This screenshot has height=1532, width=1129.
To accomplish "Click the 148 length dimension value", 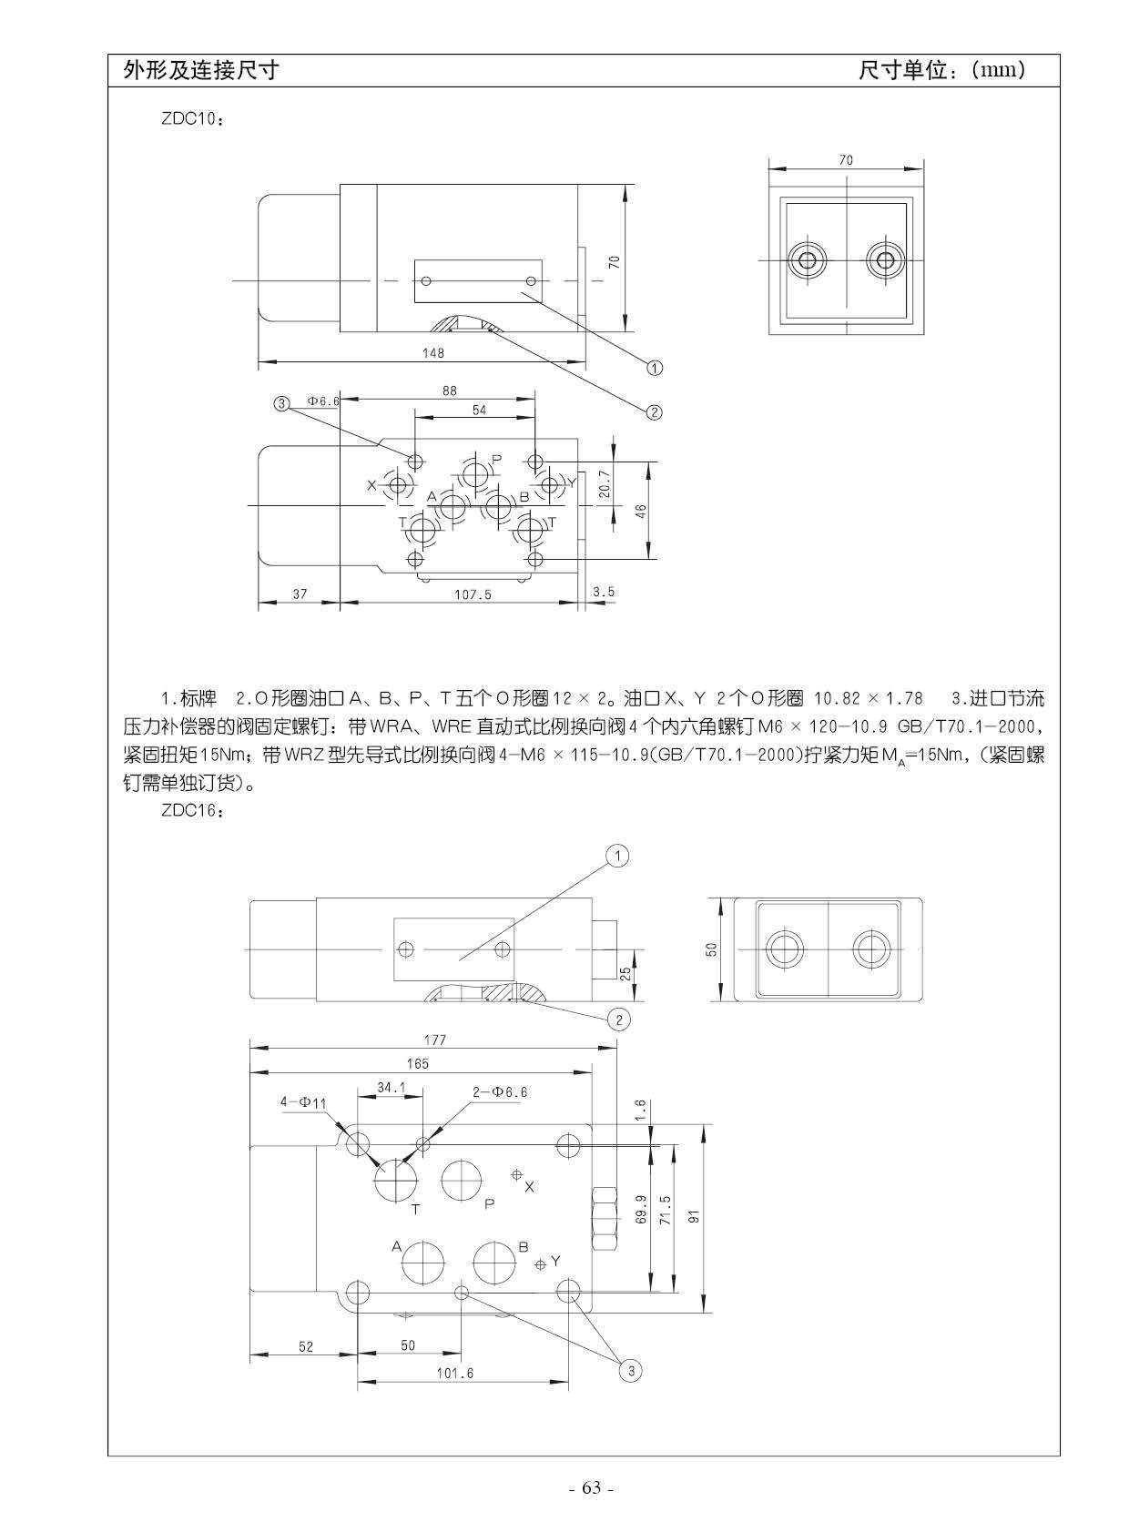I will (433, 352).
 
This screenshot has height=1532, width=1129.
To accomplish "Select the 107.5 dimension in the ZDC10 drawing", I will (473, 594).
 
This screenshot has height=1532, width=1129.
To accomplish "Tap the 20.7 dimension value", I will (605, 484).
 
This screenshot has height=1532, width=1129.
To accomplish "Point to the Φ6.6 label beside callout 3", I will (323, 401).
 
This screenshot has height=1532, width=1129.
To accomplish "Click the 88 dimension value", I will (449, 391).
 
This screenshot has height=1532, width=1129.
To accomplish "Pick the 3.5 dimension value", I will (603, 593).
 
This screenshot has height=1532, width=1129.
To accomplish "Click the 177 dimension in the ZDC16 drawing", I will (435, 1040).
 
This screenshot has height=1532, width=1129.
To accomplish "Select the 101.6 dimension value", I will (455, 1373).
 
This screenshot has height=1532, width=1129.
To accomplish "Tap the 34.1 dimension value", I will (392, 1087).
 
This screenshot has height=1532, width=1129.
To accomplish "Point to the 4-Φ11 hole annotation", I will (304, 1102).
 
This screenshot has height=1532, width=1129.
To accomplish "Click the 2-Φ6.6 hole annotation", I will (500, 1091).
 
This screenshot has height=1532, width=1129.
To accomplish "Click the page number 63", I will (592, 1488).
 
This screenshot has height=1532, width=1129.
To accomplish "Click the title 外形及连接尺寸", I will (201, 70).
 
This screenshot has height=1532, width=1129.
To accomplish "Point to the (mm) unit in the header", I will (999, 70).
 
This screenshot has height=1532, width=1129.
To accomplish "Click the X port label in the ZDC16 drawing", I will (529, 1187).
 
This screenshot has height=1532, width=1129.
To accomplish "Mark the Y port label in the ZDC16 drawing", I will (555, 1261).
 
